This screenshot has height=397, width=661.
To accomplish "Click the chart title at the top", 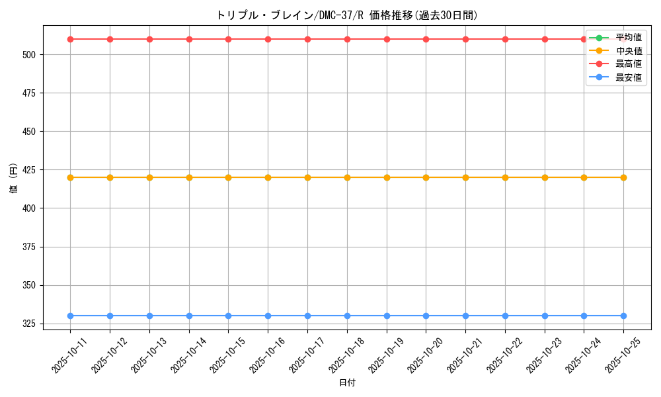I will coord(347,15).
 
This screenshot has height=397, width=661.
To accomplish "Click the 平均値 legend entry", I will coord(628,38).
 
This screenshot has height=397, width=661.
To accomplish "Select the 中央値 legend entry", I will coord(628,51).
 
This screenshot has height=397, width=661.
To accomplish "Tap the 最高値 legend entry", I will coord(628,64).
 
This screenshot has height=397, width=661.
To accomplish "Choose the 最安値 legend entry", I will coord(628,77).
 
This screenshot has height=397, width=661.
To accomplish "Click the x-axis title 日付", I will coord(347,383).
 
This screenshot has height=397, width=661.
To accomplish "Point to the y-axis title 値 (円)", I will coord(13,178).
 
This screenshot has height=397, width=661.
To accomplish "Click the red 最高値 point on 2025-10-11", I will coord(70,39).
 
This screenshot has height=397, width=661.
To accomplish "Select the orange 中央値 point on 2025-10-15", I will coord(228,177).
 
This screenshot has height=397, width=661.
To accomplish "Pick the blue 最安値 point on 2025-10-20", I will coord(426,316).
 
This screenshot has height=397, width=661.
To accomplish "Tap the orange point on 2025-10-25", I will coord(623,177).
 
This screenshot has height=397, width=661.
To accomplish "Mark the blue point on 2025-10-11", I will coord(70,316).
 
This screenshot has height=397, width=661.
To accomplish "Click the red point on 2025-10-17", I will coord(307,39).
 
